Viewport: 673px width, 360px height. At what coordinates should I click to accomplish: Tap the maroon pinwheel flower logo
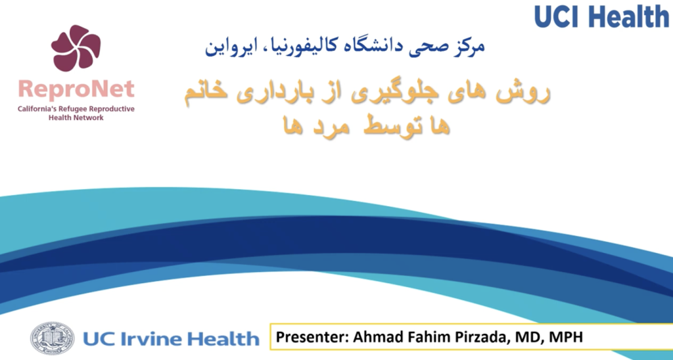pos(76,48)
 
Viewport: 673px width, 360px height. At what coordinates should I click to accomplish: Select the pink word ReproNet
pos(76,89)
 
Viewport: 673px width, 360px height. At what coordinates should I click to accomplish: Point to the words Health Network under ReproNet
pos(76,118)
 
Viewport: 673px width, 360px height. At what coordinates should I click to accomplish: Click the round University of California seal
pos(52,338)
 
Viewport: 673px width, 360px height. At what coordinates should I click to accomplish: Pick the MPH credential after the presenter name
pos(565,336)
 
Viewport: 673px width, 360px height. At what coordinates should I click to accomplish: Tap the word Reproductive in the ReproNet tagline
pos(110,109)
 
